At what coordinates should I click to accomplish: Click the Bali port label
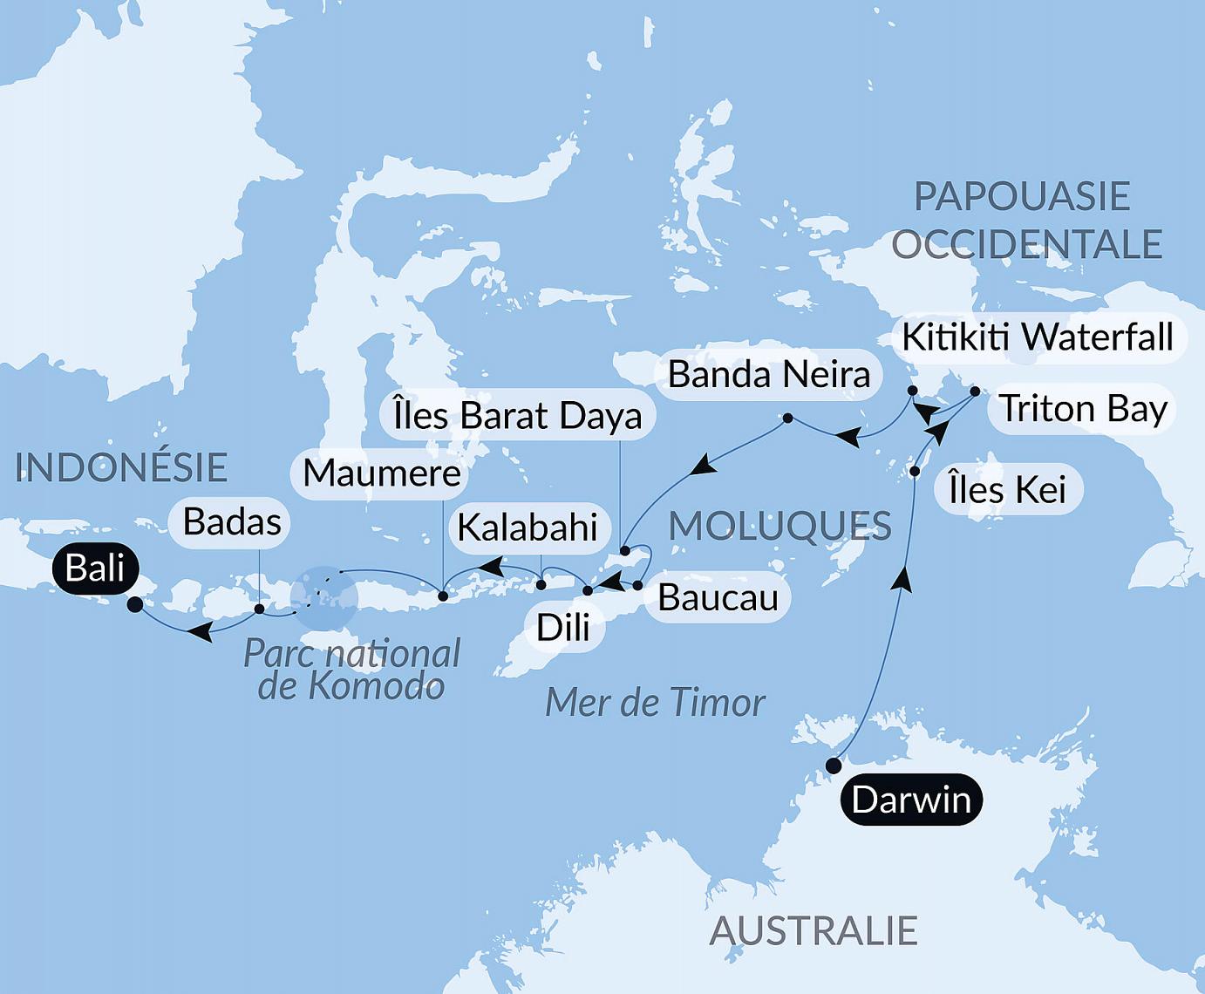[x=95, y=568]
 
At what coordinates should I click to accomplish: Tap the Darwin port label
[x=911, y=799]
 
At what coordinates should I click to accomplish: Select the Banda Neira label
[x=768, y=375]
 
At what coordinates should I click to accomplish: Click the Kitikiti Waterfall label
[x=1037, y=337]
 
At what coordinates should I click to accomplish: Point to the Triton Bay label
[x=1082, y=408]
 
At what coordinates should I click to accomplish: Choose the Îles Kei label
[x=1007, y=489]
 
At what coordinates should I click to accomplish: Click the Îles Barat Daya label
[x=517, y=416]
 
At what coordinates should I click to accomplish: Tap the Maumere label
[x=382, y=473]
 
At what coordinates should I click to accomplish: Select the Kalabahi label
[x=527, y=528]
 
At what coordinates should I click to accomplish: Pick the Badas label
[x=232, y=522]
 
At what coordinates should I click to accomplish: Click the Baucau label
[x=718, y=597]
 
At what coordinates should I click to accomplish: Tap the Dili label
[x=563, y=627]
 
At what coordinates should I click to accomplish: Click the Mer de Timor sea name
[x=655, y=703]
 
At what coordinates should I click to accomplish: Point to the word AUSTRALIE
[x=813, y=931]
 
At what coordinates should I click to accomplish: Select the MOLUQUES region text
[x=780, y=526]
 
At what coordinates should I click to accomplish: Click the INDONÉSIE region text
[x=122, y=468]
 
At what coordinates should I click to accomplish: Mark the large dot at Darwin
[x=834, y=766]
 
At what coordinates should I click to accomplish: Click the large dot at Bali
[x=134, y=604]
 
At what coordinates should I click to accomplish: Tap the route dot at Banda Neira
[x=787, y=419]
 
